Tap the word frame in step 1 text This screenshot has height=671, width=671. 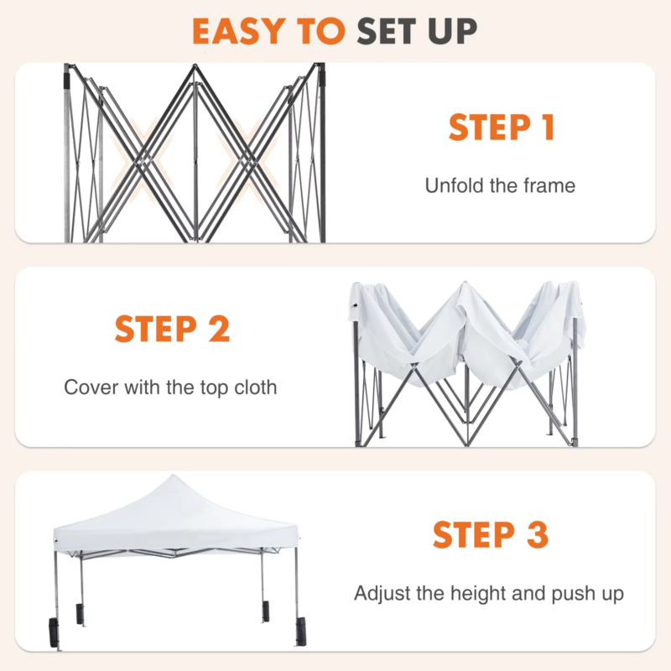coord(549,185)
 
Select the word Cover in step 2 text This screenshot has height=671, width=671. coord(88,388)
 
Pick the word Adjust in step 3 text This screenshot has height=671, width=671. coord(379,594)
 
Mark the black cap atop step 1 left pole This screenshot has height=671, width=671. coord(67,77)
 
